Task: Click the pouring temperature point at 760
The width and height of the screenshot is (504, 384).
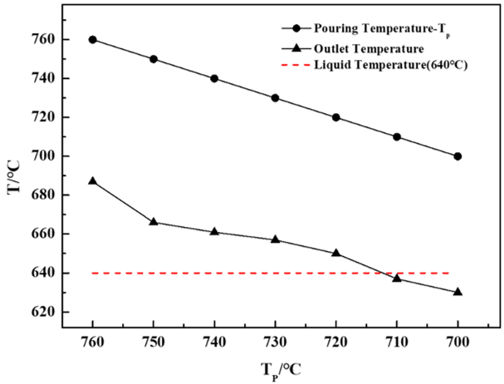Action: point(93,39)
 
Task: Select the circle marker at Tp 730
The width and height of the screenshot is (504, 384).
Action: point(275,97)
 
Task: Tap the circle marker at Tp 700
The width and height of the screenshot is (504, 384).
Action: point(458,155)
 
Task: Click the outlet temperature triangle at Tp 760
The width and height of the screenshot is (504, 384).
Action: point(93,181)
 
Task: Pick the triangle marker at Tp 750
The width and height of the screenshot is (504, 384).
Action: point(154,222)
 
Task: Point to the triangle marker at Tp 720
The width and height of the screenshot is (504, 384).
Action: point(336,253)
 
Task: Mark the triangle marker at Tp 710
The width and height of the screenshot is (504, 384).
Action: point(397,278)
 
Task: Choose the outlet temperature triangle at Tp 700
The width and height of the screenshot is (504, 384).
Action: point(458,292)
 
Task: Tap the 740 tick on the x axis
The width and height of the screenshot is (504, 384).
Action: point(214,343)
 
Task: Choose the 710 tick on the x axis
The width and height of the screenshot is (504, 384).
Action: point(397,343)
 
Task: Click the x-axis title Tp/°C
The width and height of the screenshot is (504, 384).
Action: point(275,368)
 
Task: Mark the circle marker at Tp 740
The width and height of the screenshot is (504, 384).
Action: point(214,78)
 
